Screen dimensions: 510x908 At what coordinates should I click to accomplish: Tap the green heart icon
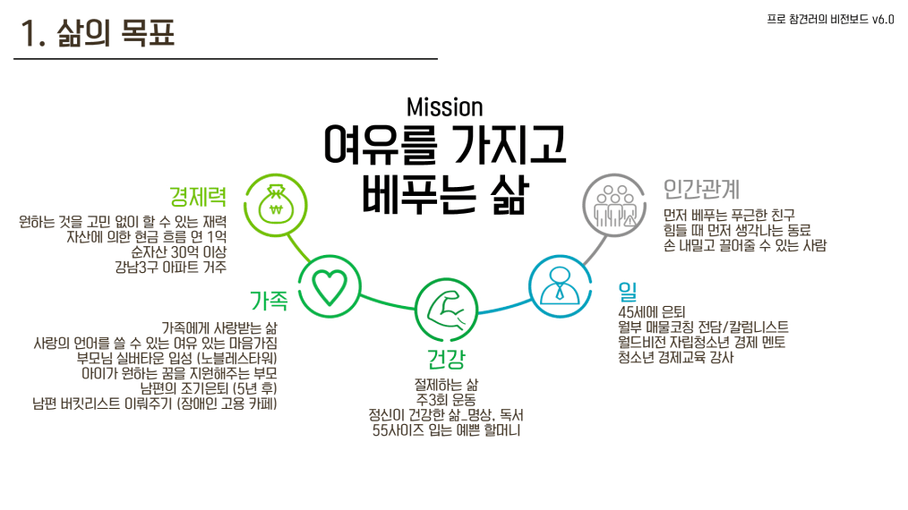coord(328,286)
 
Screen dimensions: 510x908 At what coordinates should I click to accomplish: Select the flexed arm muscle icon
coord(446,309)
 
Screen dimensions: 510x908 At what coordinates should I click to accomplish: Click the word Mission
coord(444,107)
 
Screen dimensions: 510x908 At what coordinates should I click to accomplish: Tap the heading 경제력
coord(198,195)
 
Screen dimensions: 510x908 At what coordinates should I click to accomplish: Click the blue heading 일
coord(627,291)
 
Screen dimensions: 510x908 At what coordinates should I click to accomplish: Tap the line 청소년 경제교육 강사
coord(675,358)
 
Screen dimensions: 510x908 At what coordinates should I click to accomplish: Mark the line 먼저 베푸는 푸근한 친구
coord(733,215)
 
